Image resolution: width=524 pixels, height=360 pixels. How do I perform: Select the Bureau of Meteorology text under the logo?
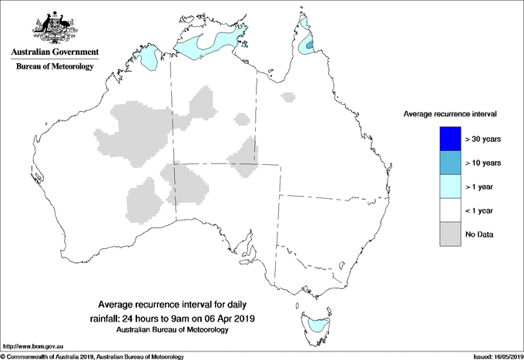pos(55,67)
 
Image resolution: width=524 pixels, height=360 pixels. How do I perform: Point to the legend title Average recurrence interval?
pos(450,113)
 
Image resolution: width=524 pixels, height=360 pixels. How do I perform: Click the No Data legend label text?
pos(479,234)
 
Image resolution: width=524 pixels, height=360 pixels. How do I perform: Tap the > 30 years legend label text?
pos(483,139)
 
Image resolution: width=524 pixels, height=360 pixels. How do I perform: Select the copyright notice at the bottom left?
pos(92,356)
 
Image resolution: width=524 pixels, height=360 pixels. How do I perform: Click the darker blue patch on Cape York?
pos(310,46)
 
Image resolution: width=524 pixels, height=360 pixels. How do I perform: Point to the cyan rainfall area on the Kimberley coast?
pos(150,57)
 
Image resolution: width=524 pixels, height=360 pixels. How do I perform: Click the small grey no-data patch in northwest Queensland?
pos(288,97)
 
